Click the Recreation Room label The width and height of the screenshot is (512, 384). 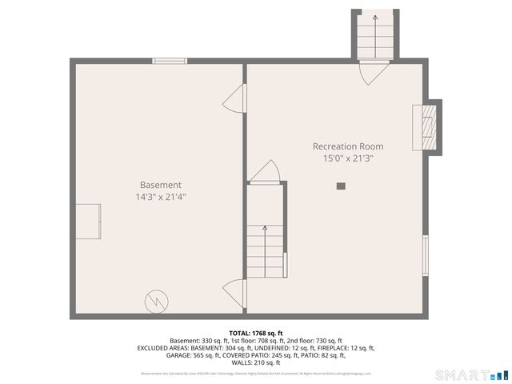tap(347, 146)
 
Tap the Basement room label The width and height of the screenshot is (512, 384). tap(161, 184)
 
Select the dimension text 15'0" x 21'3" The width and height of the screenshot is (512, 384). tap(347, 158)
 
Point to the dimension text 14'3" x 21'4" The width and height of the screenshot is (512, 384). tap(161, 196)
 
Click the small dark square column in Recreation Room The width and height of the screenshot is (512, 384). tap(341, 186)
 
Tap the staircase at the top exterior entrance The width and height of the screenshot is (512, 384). tap(374, 35)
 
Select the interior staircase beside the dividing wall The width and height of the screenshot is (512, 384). tap(263, 250)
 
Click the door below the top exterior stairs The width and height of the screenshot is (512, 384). tap(374, 72)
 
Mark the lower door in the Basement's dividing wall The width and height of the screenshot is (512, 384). tap(234, 290)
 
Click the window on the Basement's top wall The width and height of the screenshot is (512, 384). tap(170, 61)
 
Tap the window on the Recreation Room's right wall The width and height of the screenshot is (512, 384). tap(425, 255)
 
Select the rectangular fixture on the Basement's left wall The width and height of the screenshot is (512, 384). tap(88, 221)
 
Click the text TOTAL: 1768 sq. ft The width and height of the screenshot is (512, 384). tap(256, 333)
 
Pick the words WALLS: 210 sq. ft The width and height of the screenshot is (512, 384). tap(256, 362)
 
